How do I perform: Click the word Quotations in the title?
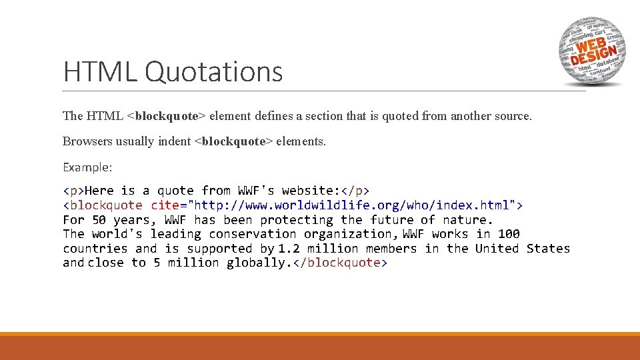tap(213, 72)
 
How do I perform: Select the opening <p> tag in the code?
tap(74, 191)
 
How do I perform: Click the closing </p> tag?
tap(355, 191)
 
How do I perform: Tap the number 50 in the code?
tap(99, 220)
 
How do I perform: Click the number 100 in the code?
tap(509, 234)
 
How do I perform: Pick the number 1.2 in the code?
tap(289, 249)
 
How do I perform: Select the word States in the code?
tap(548, 249)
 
